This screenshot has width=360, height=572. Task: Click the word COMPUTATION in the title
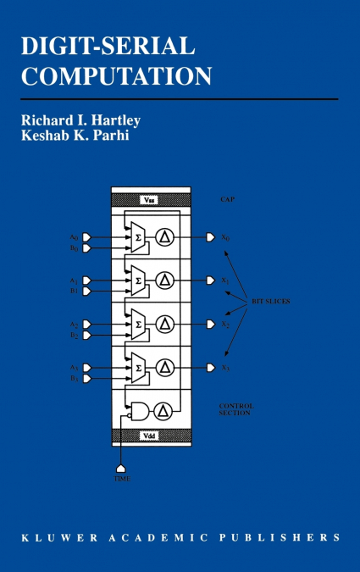coord(117,76)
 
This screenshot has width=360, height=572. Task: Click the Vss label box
coord(153,200)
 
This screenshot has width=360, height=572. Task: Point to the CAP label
coord(227,200)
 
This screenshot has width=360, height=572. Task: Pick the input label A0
coord(75,236)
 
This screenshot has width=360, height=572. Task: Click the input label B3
coord(75,379)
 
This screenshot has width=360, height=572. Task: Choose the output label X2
coord(225,325)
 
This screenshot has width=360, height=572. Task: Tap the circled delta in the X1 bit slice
coord(166,280)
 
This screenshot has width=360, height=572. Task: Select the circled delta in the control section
coord(166,411)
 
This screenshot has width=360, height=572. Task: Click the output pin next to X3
coord(210,368)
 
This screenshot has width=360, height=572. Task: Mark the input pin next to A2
coord(86,324)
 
